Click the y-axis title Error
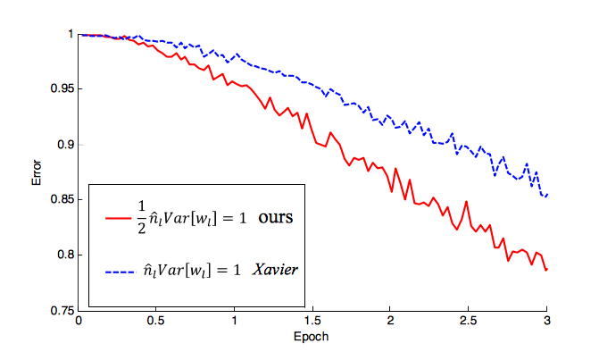[x=37, y=172]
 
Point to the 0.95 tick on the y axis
[x=62, y=89]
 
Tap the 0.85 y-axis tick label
[x=62, y=200]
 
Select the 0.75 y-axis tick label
[x=62, y=311]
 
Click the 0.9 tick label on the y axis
[x=66, y=145]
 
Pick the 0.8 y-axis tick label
[x=66, y=255]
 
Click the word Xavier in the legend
[x=274, y=268]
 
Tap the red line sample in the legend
[x=117, y=217]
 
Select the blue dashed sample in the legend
[x=117, y=269]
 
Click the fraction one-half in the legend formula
[x=139, y=216]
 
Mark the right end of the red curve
[x=546, y=270]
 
